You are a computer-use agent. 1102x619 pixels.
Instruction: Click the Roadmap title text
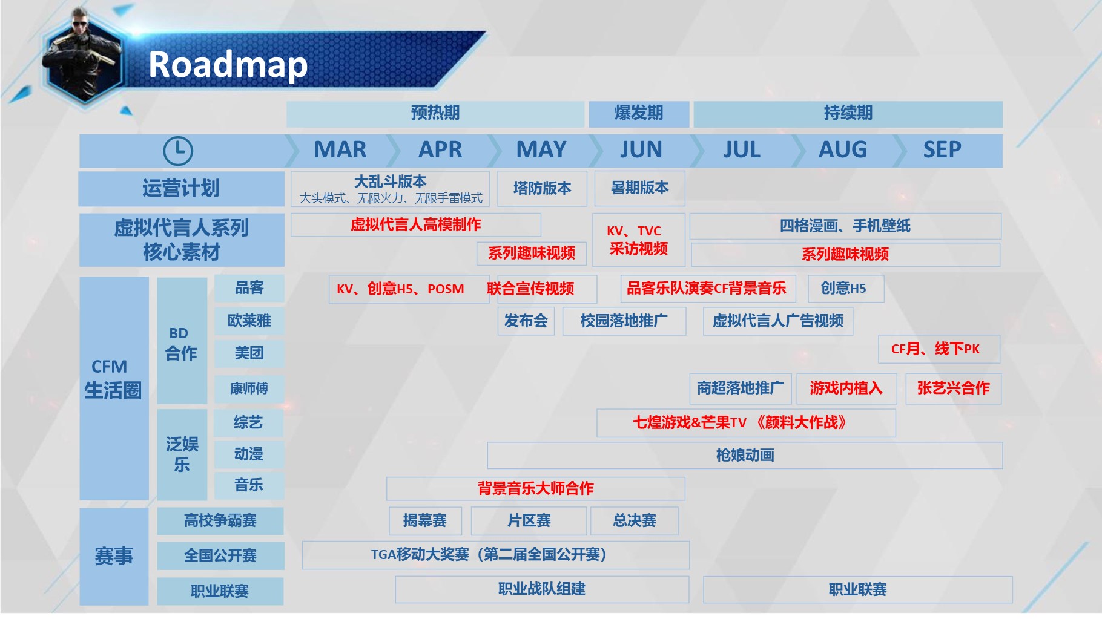[x=228, y=65]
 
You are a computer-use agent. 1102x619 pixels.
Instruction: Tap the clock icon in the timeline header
[x=178, y=151]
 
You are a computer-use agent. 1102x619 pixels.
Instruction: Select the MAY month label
[x=541, y=149]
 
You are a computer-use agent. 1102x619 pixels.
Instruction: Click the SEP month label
[x=942, y=149]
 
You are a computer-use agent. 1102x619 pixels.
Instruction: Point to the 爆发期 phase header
[x=639, y=114]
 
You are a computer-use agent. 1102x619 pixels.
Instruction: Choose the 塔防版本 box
[x=542, y=189]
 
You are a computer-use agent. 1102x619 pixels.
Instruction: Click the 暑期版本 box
[x=640, y=188]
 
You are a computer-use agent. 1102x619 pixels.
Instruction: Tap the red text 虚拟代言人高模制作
[x=416, y=225]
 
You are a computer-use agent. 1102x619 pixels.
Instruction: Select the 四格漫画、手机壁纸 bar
[x=845, y=226]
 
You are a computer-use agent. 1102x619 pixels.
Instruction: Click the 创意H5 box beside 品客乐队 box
[x=846, y=289]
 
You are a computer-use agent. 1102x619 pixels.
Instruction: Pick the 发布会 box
[x=526, y=321]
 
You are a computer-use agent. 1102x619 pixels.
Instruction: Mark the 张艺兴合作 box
[x=953, y=388]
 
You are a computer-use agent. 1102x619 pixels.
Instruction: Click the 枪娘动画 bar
[x=745, y=455]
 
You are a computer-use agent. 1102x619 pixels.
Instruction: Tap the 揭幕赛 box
[x=425, y=521]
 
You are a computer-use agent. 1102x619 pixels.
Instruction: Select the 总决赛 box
[x=635, y=521]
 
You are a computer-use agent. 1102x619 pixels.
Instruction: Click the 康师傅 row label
[x=249, y=389]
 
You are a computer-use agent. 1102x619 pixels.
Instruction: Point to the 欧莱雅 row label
[x=249, y=321]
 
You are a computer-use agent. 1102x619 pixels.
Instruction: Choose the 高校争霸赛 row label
[x=220, y=521]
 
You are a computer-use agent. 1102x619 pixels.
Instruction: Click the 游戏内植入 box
[x=846, y=388]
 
